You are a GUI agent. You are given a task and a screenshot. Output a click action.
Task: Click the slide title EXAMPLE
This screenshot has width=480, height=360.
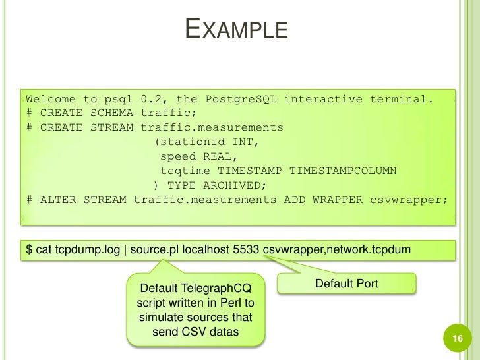click(236, 30)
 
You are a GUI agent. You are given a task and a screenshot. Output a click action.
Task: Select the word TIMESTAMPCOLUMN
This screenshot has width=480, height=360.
click(343, 171)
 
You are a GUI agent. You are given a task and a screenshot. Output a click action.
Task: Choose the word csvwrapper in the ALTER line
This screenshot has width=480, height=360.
click(408, 200)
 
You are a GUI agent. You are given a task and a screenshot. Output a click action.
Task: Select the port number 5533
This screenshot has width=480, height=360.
click(245, 250)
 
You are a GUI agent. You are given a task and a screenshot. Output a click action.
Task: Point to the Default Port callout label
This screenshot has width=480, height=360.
click(346, 284)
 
